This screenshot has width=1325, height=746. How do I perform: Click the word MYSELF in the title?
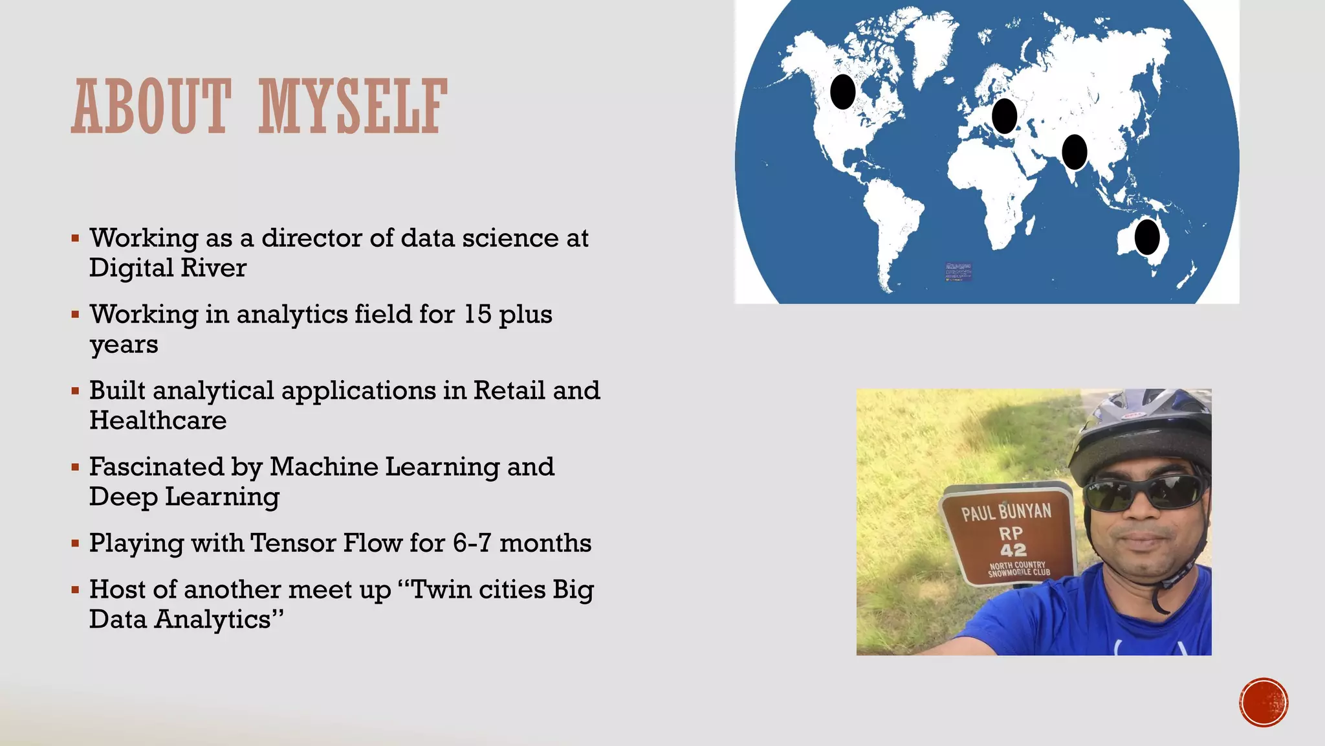tap(353, 106)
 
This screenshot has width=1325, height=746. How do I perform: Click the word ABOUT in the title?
tap(151, 106)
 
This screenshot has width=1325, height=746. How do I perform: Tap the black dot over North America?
tap(842, 92)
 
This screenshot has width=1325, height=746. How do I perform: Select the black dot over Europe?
tap(1004, 116)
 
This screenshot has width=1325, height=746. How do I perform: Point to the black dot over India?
tap(1075, 152)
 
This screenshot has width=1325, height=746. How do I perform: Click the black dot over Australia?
tap(1147, 237)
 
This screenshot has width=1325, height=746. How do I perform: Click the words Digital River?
tap(168, 268)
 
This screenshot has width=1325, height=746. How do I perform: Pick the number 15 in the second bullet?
tap(477, 315)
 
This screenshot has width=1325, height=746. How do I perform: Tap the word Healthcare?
tap(158, 421)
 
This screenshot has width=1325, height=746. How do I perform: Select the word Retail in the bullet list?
tap(509, 390)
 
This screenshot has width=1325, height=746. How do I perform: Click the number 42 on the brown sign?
tap(1013, 550)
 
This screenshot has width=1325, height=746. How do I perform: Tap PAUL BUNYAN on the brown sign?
tap(1006, 512)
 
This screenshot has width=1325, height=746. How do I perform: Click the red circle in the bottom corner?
tap(1264, 703)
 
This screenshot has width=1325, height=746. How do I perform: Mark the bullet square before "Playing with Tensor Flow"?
tap(76, 543)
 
